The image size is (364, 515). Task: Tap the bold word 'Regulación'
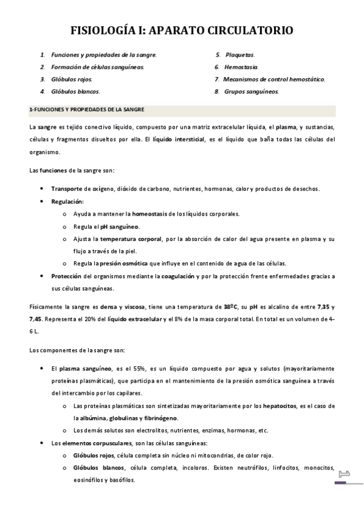point(67,200)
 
